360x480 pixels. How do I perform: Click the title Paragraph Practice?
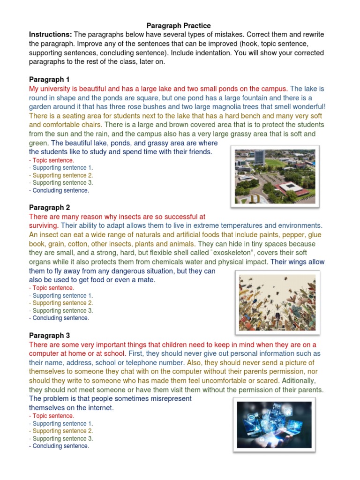(179, 25)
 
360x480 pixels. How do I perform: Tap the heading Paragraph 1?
(49, 79)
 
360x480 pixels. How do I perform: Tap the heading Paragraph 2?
(49, 207)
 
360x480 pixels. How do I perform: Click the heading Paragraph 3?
(49, 335)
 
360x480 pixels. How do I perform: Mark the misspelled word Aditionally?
(300, 381)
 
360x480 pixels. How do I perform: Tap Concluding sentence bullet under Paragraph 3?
(60, 446)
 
